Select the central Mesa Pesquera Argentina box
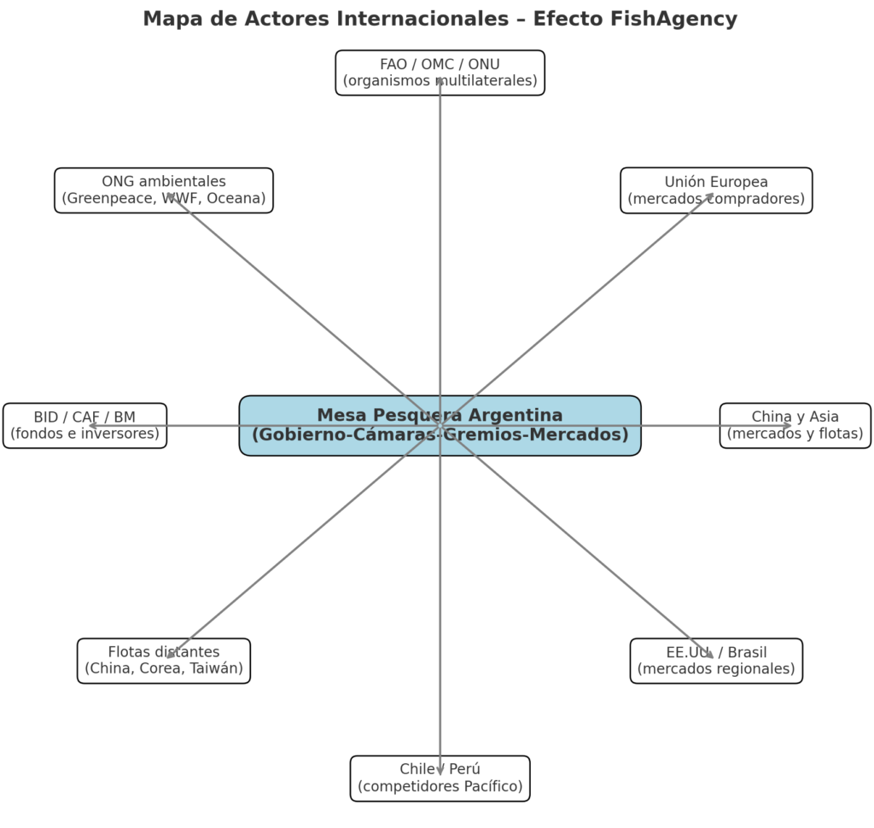click(x=440, y=425)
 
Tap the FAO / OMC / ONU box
click(x=440, y=73)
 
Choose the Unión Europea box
click(x=716, y=190)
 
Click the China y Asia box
click(x=795, y=425)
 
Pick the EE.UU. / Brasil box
click(x=716, y=661)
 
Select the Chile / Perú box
click(x=440, y=778)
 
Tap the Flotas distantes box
click(x=163, y=661)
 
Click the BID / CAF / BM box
click(x=84, y=425)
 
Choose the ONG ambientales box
click(x=163, y=190)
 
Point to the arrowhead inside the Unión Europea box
click(x=710, y=196)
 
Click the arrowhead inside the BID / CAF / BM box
click(x=93, y=425)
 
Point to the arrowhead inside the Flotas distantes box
click(x=170, y=655)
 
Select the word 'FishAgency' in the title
click(x=678, y=19)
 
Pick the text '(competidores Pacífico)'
click(x=440, y=786)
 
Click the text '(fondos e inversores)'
click(x=84, y=434)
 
